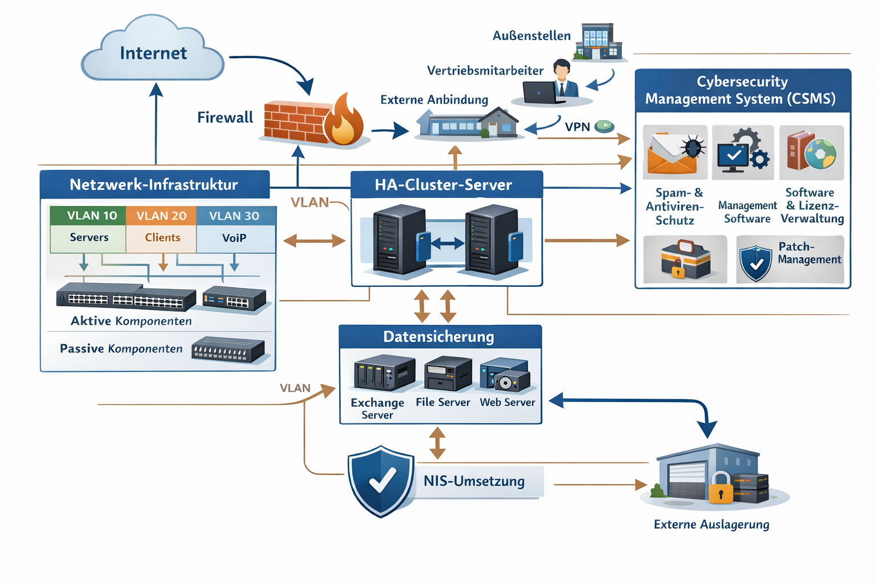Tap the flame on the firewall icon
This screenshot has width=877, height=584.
[x=344, y=121]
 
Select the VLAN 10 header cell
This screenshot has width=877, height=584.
[x=88, y=216]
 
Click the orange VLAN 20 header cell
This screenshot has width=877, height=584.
[x=161, y=216]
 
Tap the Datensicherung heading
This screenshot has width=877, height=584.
[x=440, y=336]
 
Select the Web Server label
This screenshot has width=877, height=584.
[x=508, y=402]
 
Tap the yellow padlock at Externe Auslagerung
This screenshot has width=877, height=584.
[x=721, y=489]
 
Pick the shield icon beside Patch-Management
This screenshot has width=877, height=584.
[x=755, y=263]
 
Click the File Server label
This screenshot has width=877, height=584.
[x=443, y=402]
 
